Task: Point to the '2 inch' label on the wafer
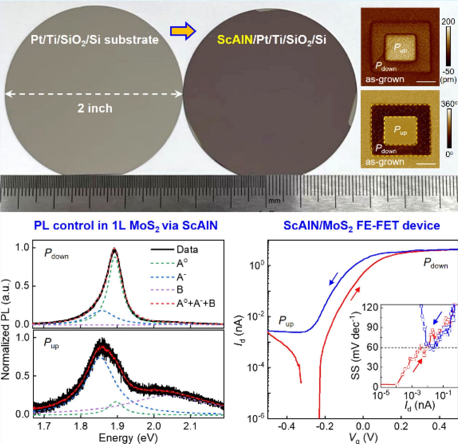pos(95,108)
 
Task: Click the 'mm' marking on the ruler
pos(274,201)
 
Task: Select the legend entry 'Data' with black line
pos(187,249)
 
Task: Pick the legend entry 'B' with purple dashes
pos(180,290)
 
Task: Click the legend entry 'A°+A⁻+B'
pos(196,303)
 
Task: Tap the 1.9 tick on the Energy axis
pos(117,426)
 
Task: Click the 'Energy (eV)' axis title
pos(128,438)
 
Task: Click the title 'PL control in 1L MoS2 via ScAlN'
pos(126,226)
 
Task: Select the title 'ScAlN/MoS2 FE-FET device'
pos(362,226)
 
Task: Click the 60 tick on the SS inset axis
pos(372,347)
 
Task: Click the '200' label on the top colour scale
pos(448,22)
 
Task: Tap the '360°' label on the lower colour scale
pos(449,104)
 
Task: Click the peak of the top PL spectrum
pos(114,249)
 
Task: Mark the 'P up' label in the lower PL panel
pos(52,343)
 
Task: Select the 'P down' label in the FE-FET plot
pos(435,263)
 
